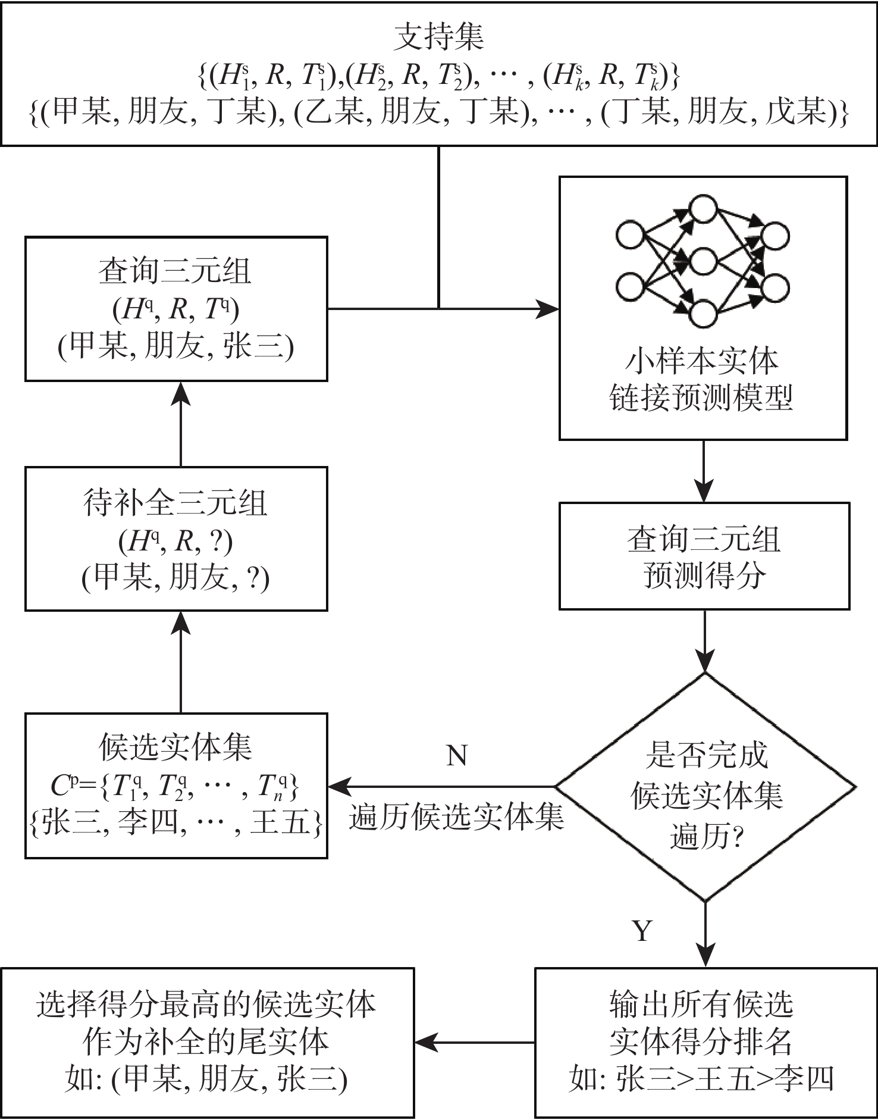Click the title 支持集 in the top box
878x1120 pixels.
point(439,37)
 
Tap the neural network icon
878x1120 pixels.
point(703,261)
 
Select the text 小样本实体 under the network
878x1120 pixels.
point(702,361)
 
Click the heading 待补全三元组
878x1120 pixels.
point(175,503)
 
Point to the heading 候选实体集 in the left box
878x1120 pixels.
point(175,747)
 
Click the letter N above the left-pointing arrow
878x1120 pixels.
point(456,756)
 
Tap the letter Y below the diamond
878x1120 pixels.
point(642,931)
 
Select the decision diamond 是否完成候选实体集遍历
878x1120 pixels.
point(705,787)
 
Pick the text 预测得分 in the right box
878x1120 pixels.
point(704,575)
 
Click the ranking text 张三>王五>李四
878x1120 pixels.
point(725,1078)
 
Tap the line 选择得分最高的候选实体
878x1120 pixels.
point(206,1005)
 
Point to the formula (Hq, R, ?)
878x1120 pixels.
point(175,541)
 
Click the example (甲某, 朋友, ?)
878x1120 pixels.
point(175,577)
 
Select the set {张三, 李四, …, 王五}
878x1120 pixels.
point(175,822)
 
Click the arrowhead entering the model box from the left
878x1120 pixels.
point(548,309)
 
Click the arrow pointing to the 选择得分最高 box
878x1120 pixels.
point(426,1042)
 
